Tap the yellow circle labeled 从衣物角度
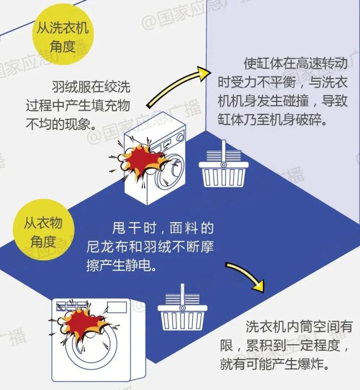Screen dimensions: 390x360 click(43, 231)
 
